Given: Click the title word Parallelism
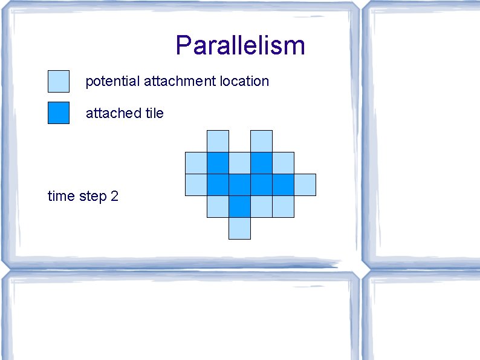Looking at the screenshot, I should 240,45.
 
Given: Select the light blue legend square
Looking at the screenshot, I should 59,80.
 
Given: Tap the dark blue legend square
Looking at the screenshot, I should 59,113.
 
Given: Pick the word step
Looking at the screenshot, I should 92,197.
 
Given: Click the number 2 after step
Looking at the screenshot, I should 114,196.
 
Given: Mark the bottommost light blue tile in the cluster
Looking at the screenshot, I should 239,228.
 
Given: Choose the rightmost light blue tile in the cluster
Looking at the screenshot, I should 305,185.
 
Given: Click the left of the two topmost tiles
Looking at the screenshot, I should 218,141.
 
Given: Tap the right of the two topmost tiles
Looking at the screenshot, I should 261,141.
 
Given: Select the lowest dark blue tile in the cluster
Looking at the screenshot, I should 239,206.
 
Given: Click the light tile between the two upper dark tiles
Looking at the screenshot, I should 239,163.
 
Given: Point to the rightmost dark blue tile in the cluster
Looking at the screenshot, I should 283,185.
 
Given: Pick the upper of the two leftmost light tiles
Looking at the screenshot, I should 196,163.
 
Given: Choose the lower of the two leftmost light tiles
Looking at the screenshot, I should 196,185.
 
